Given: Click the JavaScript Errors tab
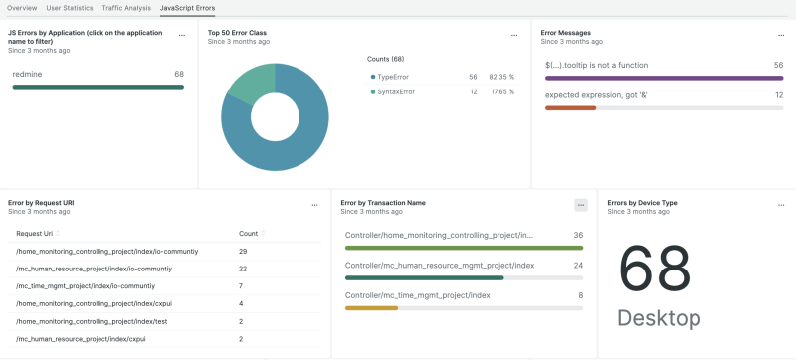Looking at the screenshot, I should click(x=187, y=7).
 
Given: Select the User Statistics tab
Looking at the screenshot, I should click(x=70, y=7).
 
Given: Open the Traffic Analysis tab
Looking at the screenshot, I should click(x=126, y=7).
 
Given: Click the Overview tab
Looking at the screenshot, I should click(x=22, y=7).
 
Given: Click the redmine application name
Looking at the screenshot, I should click(x=28, y=74).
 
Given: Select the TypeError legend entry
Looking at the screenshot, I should click(x=394, y=76).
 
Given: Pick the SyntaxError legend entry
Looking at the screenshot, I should click(x=397, y=91).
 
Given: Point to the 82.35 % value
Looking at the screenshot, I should click(x=498, y=76).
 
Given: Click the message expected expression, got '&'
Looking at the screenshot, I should click(x=594, y=94).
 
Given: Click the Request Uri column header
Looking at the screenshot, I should click(x=37, y=233).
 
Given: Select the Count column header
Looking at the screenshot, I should click(x=248, y=233).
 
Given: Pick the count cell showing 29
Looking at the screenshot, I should click(x=243, y=251).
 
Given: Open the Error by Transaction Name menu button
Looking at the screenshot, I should click(x=581, y=205).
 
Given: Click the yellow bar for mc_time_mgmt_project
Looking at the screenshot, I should click(x=371, y=307).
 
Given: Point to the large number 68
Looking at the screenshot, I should click(x=654, y=269).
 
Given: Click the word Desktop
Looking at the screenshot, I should click(x=658, y=318).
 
